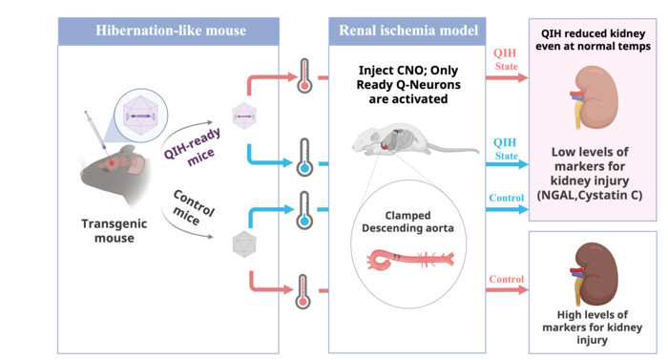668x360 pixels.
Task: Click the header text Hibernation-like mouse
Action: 171,31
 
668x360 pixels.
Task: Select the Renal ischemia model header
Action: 408,31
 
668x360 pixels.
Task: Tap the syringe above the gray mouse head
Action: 94,129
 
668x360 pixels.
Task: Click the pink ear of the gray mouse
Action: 136,165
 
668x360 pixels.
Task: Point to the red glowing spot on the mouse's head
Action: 112,162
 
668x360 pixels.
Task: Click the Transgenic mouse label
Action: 115,231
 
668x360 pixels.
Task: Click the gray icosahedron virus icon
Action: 244,244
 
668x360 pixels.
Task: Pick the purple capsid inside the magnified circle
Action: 140,116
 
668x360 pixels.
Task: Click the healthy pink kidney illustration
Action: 595,97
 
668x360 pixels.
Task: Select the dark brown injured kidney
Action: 595,274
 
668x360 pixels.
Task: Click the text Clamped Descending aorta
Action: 407,222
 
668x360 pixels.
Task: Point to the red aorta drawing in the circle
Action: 409,260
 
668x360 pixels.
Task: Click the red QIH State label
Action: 505,59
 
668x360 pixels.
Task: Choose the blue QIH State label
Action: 505,149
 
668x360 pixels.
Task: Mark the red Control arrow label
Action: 506,280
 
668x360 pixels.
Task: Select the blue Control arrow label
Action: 506,198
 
